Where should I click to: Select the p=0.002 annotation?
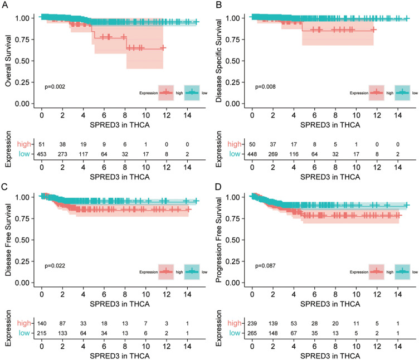tap(55, 86)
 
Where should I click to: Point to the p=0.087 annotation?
tap(265, 266)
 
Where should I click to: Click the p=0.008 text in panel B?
tap(265, 86)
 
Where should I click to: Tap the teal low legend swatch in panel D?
tap(402, 272)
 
